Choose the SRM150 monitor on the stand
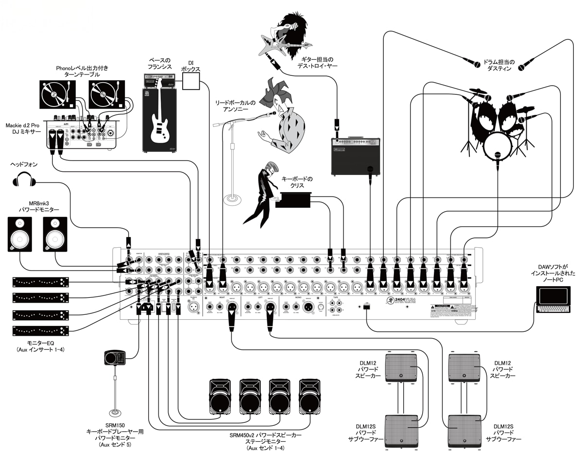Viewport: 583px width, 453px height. coord(115,358)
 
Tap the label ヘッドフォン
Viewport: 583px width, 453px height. coord(24,165)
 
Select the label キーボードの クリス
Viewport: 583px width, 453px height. coord(297,183)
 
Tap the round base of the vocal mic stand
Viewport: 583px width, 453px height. coord(232,199)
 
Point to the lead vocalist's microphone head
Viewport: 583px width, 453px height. coord(273,113)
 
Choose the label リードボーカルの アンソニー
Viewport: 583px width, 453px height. coord(236,107)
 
